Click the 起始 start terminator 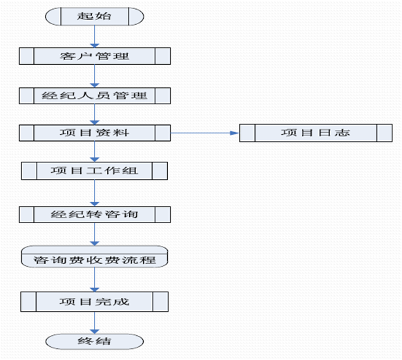pyautogui.click(x=95, y=17)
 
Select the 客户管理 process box pyautogui.click(x=95, y=56)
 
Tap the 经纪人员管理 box pyautogui.click(x=95, y=95)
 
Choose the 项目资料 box pyautogui.click(x=95, y=133)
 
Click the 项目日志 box pyautogui.click(x=316, y=133)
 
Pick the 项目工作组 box pyautogui.click(x=95, y=171)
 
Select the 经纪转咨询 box pyautogui.click(x=95, y=214)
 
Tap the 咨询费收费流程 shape pyautogui.click(x=95, y=256)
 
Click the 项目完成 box pyautogui.click(x=95, y=301)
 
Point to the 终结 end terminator pyautogui.click(x=95, y=341)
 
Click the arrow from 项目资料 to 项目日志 pyautogui.click(x=205, y=133)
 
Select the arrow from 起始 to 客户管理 pyautogui.click(x=95, y=37)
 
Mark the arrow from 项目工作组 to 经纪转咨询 pyautogui.click(x=95, y=193)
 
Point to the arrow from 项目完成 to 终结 pyautogui.click(x=95, y=323)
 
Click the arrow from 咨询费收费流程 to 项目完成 pyautogui.click(x=95, y=279)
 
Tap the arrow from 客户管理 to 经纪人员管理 pyautogui.click(x=95, y=76)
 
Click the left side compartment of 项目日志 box pyautogui.click(x=247, y=133)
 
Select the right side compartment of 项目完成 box pyautogui.click(x=160, y=301)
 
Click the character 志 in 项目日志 pyautogui.click(x=343, y=133)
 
